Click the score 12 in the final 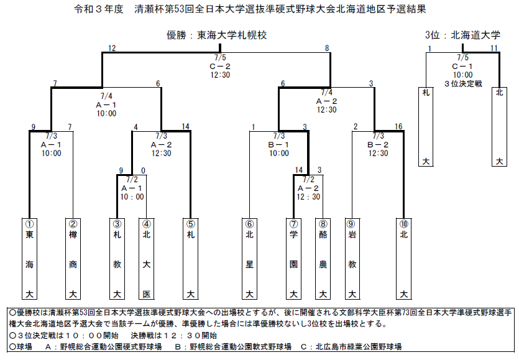[112, 48]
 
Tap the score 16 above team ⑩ [398, 126]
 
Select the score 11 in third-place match [494, 48]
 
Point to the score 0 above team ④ [143, 170]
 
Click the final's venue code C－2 [220, 67]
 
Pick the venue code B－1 [278, 145]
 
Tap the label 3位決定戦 [463, 84]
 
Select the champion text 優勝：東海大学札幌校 [217, 35]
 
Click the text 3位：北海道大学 [462, 35]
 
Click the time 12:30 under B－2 [378, 154]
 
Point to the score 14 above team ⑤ [185, 126]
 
